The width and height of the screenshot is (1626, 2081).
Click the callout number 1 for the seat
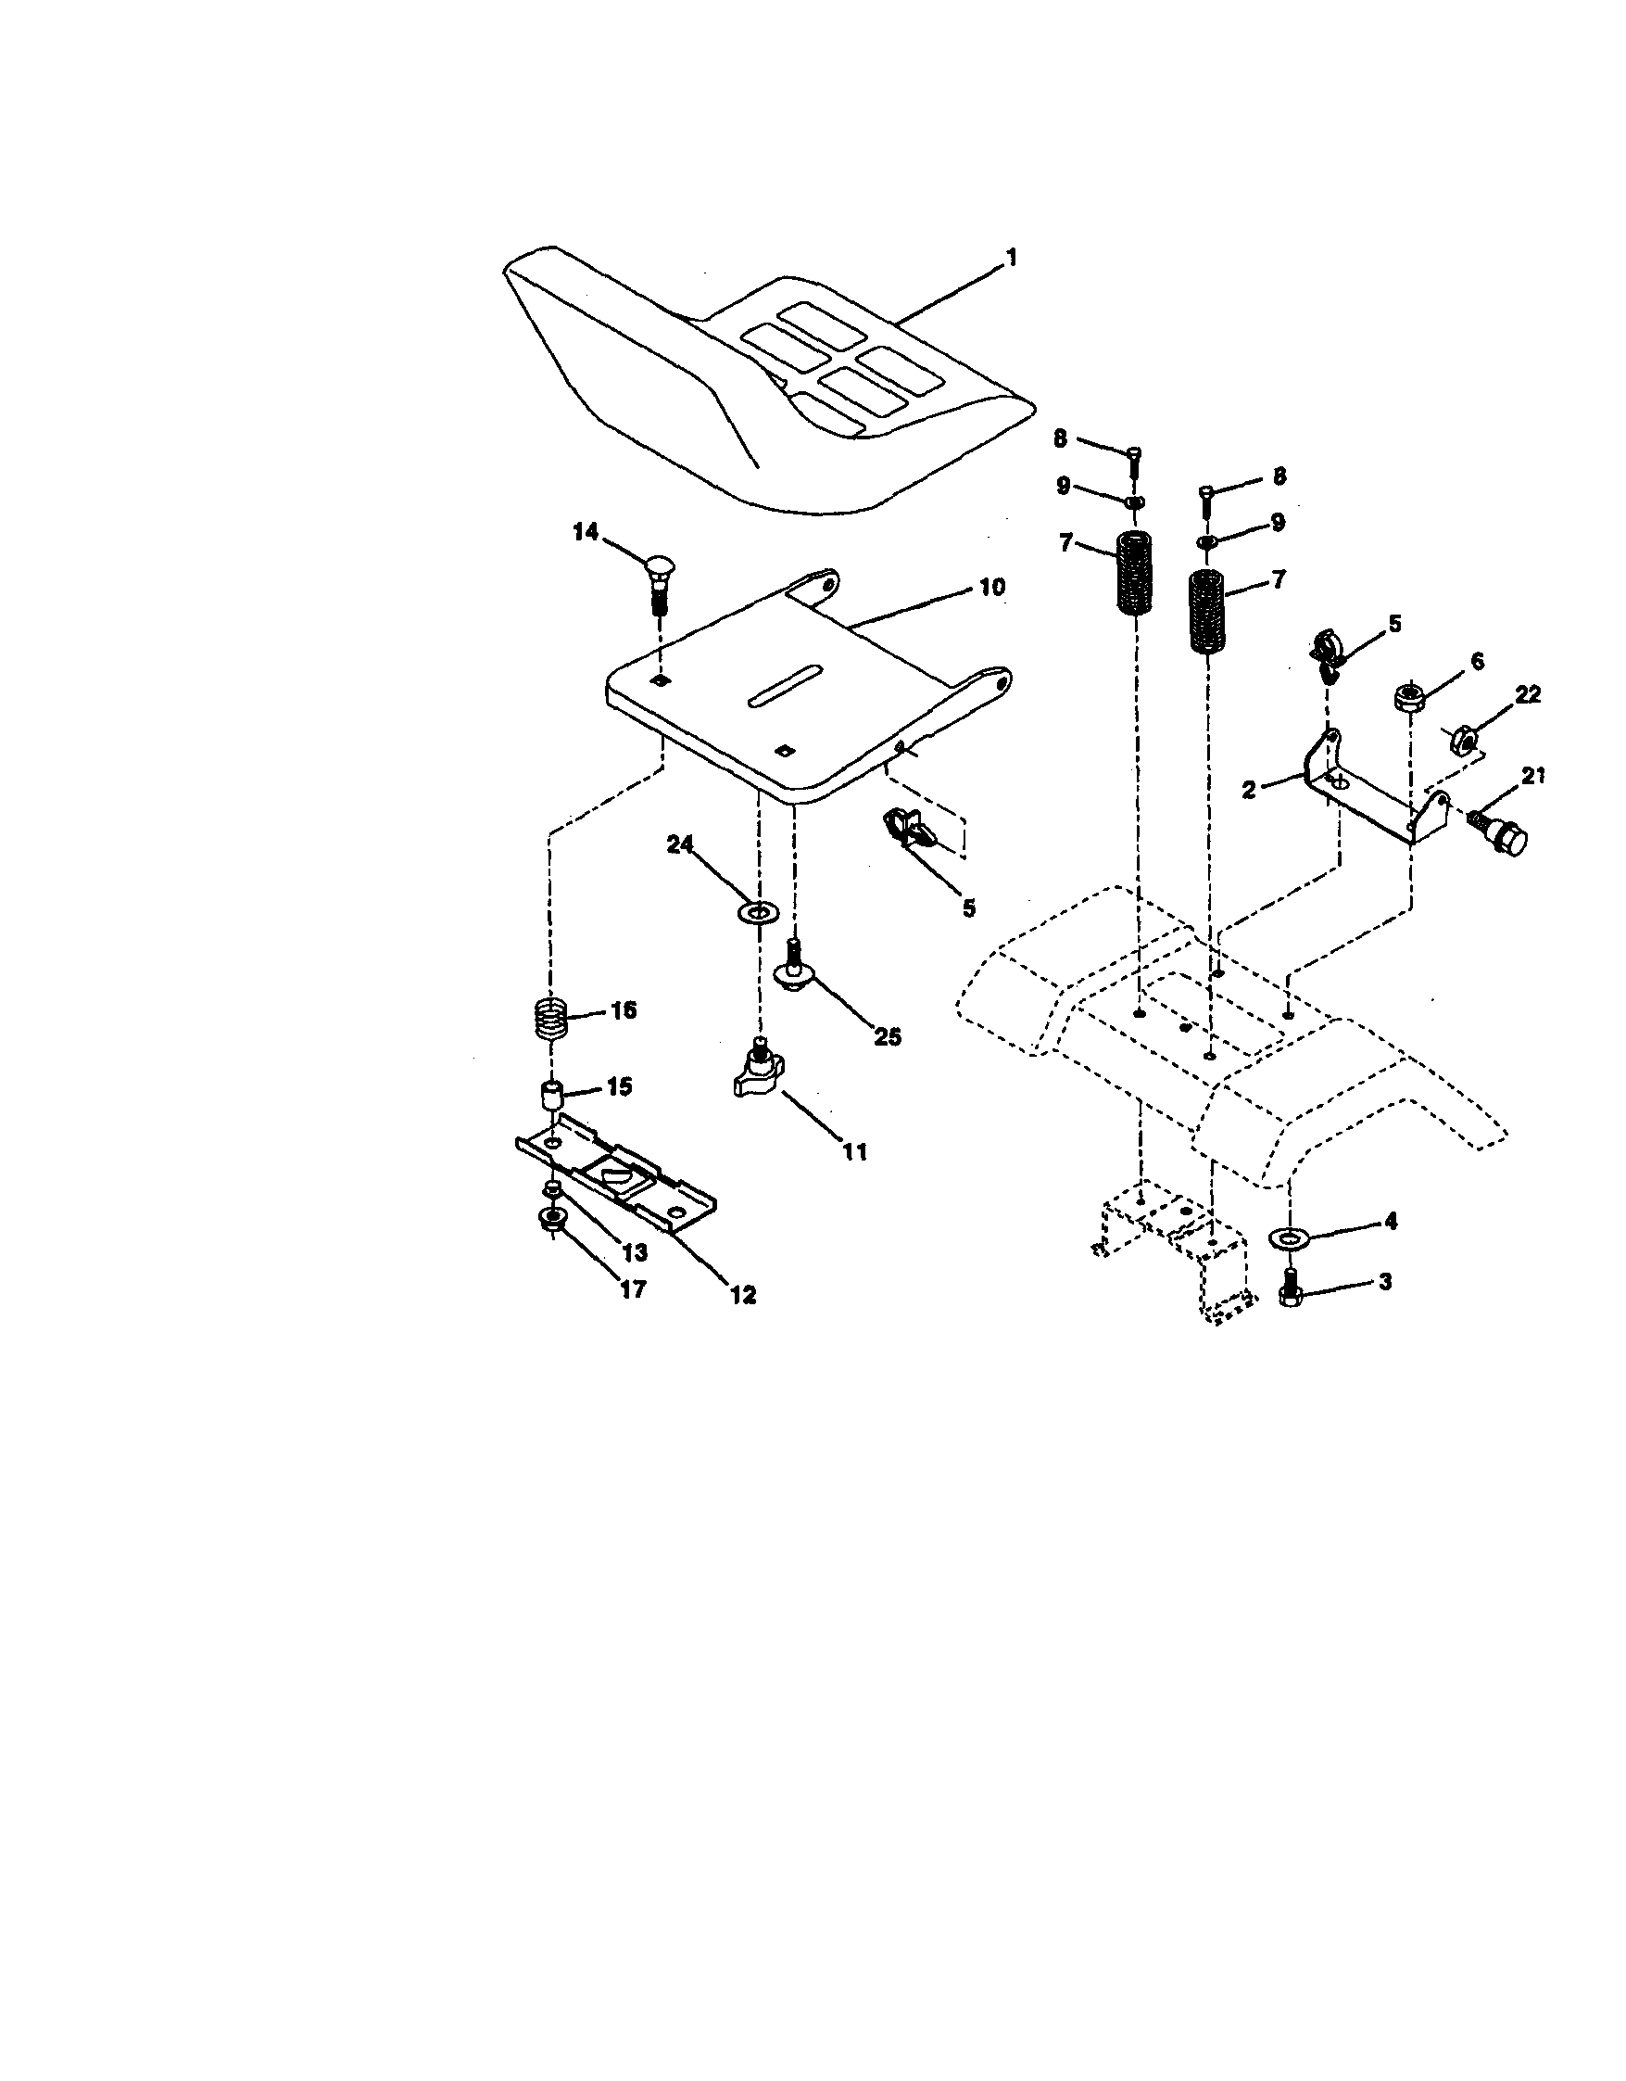pos(1012,258)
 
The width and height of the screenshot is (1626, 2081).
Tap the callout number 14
pos(586,532)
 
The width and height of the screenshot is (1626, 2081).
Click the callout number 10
pos(991,587)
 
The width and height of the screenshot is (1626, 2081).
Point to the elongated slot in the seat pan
pos(785,685)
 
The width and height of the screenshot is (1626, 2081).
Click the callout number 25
pos(888,1036)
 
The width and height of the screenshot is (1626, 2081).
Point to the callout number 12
pos(743,1294)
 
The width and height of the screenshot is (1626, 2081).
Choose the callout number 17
pos(634,1289)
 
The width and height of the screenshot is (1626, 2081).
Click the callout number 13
pos(635,1252)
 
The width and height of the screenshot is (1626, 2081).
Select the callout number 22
pos(1528,694)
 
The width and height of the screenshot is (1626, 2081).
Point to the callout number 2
pos(1249,788)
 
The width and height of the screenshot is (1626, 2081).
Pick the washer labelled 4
pos(1291,1237)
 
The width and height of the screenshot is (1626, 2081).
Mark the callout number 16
pos(623,1009)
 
